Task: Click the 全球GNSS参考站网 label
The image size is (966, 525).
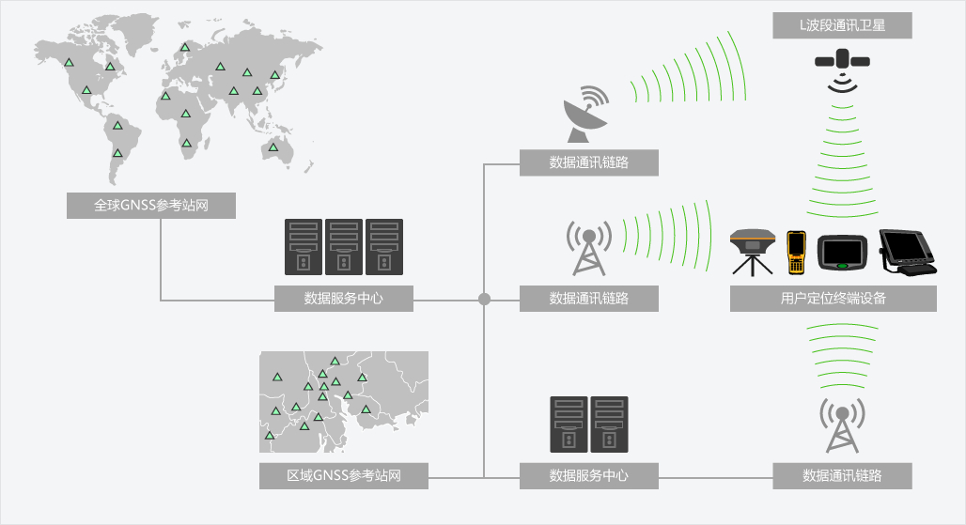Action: [150, 205]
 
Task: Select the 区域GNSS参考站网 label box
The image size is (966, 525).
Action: [344, 475]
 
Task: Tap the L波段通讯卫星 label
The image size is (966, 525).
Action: [842, 25]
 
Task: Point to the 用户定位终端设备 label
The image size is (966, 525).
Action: [834, 299]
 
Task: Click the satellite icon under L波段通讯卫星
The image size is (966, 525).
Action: [842, 62]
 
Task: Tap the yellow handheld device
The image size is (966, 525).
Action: [796, 251]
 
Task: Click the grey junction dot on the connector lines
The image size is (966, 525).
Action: [484, 300]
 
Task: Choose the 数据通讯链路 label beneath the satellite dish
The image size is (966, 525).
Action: [589, 162]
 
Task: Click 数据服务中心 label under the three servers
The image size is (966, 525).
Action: [344, 299]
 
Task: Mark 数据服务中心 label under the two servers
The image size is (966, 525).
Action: [589, 475]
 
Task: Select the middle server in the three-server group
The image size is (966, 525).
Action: [344, 247]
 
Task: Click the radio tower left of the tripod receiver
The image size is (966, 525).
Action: [588, 248]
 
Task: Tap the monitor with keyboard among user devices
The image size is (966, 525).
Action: [906, 252]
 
